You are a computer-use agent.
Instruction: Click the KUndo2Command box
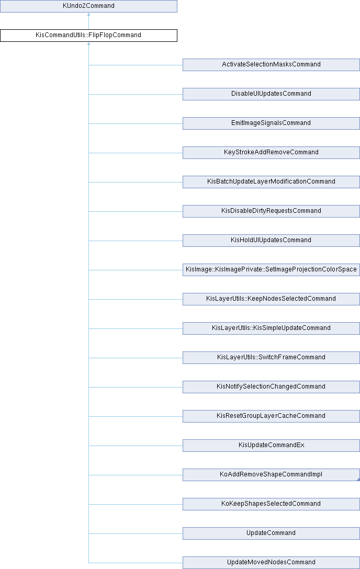(x=88, y=6)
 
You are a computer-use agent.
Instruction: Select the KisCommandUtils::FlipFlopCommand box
(x=88, y=36)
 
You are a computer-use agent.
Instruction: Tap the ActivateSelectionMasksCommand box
(x=271, y=65)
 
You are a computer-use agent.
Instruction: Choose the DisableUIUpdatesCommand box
(x=271, y=94)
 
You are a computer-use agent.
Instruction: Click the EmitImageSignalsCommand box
(x=271, y=123)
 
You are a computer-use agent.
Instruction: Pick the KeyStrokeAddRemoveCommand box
(x=271, y=153)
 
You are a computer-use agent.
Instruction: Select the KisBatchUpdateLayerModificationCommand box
(x=271, y=182)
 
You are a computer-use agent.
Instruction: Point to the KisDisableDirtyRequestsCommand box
(x=271, y=211)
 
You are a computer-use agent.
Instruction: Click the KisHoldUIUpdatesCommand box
(x=271, y=241)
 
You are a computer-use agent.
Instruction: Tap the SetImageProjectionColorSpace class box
(x=271, y=270)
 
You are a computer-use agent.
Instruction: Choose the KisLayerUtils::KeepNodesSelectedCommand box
(x=271, y=299)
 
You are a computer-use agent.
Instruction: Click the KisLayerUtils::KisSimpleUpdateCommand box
(x=271, y=328)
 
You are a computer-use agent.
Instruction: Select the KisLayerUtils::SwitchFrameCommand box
(x=271, y=358)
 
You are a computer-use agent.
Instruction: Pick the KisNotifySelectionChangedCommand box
(x=271, y=387)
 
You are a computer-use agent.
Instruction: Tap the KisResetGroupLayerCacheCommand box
(x=271, y=416)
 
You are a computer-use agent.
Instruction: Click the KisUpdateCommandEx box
(x=271, y=446)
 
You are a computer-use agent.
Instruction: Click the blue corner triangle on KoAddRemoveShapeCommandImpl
(x=358, y=479)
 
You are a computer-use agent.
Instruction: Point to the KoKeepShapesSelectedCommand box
(x=271, y=504)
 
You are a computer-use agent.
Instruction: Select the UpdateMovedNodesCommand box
(x=271, y=563)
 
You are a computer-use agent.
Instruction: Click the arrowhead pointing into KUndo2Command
(x=88, y=15)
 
